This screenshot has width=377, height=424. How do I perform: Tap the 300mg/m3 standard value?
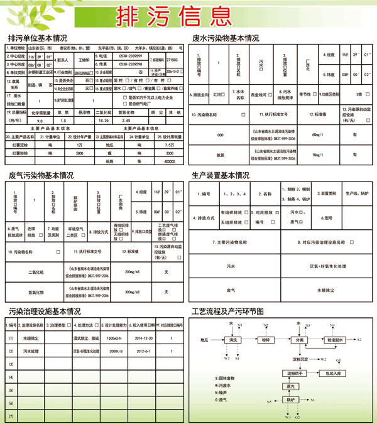click(x=135, y=292)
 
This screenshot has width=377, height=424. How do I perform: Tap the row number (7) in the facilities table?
click(x=11, y=416)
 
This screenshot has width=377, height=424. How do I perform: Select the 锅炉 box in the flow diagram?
click(x=290, y=400)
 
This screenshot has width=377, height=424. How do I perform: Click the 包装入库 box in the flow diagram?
click(x=334, y=373)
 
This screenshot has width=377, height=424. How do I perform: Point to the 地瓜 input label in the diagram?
click(x=204, y=340)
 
